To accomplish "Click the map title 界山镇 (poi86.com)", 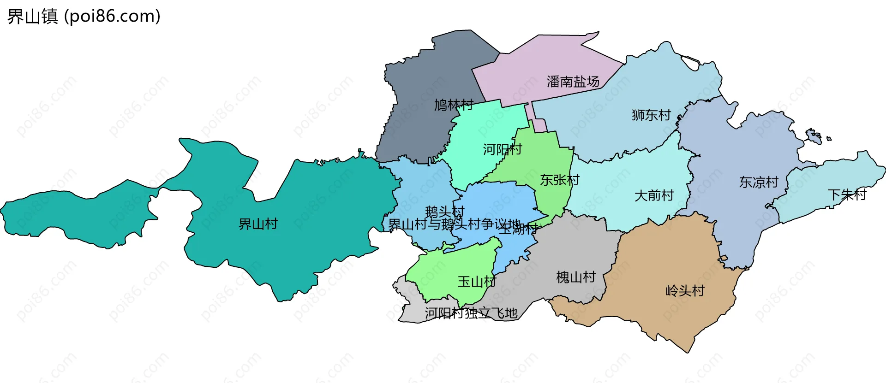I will point(84,17).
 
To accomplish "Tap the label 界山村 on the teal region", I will point(258,224).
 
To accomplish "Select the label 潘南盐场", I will point(573,82).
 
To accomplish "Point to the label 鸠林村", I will point(454,105).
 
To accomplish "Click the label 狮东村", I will point(651,115).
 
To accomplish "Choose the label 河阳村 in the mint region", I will point(503,149).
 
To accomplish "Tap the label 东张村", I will point(560,180).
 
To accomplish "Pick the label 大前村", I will point(654,196).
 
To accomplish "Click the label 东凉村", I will point(759,183).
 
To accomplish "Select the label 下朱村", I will point(847,195).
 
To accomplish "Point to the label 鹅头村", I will point(444,212).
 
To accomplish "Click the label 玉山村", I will point(477,282).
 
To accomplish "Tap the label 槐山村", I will point(576,277).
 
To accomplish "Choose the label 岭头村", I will point(685,291).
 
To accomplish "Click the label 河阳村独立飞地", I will point(471,313).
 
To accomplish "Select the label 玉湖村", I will point(519,229).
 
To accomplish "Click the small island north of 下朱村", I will point(813,136).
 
